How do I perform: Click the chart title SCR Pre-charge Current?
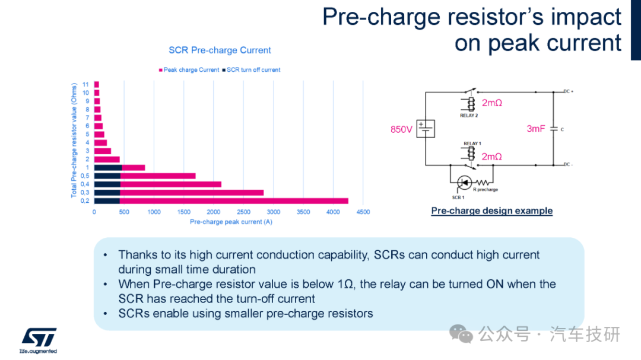pos(220,50)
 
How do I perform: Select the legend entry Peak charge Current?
pos(189,70)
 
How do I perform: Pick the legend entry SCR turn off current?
pos(252,70)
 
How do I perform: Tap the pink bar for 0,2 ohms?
pos(234,201)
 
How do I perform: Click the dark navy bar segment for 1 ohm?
pos(108,167)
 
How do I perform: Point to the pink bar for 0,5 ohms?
pos(158,176)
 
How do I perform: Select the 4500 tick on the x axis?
pos(363,212)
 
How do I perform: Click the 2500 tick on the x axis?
pos(244,212)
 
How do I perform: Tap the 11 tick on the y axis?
pos(85,85)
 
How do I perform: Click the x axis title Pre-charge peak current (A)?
pos(231,222)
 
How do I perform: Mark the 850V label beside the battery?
pos(401,129)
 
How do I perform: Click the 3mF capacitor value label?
pos(536,129)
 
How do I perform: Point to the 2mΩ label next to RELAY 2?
pos(492,103)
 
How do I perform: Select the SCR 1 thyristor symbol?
pos(464,183)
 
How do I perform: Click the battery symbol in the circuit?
pos(426,129)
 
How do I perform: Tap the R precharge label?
pos(485,190)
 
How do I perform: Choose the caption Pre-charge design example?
pos(492,211)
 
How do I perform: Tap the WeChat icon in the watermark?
pos(461,334)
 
